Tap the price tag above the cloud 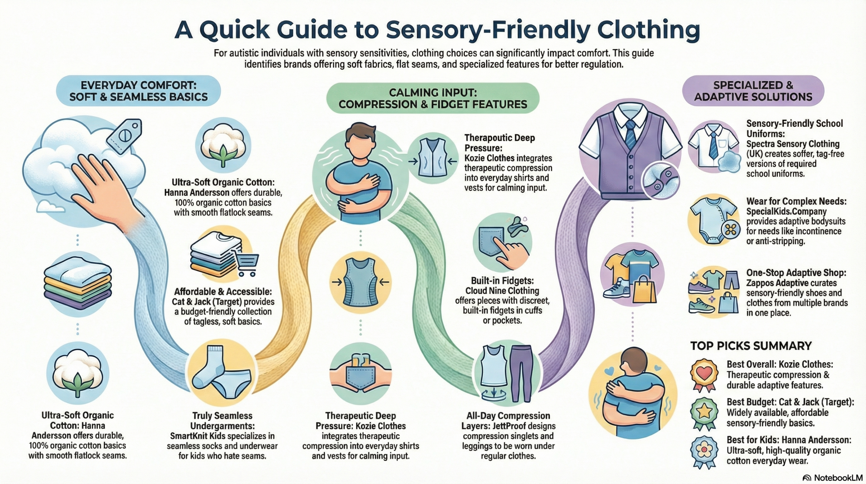coord(124,136)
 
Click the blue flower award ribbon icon coord(704,451)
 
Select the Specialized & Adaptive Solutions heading coord(753,91)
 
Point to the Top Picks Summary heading coord(751,346)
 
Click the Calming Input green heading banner coord(433,98)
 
